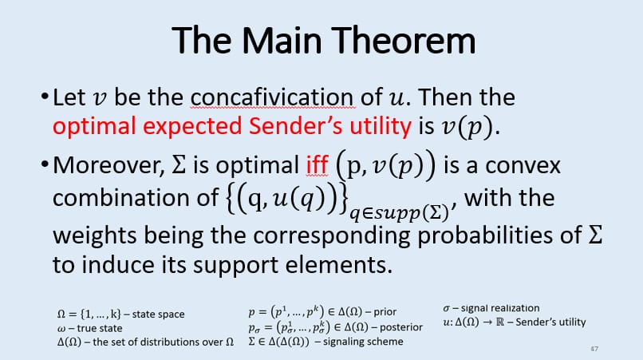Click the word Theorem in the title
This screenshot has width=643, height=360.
(x=393, y=40)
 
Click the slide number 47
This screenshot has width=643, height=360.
(x=594, y=350)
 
